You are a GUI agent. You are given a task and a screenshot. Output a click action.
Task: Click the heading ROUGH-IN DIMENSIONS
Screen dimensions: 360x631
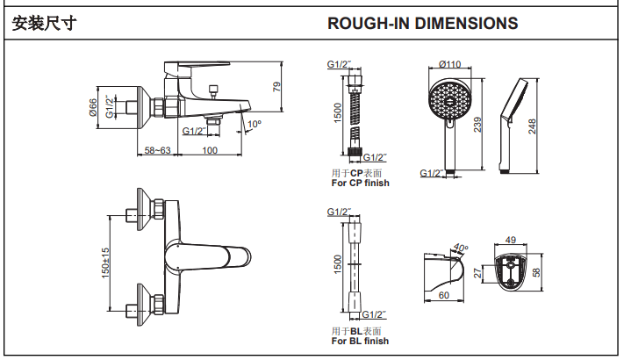pos(422,24)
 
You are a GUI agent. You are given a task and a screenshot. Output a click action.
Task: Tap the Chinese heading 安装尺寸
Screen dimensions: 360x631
pos(43,24)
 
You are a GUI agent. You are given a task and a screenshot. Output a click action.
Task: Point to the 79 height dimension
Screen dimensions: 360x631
pos(276,86)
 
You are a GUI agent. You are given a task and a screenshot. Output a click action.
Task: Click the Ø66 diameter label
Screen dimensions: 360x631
pos(93,108)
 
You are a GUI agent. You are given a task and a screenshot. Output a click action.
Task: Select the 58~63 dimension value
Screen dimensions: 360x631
pos(158,151)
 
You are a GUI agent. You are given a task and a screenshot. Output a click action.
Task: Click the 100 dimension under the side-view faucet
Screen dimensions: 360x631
pos(210,151)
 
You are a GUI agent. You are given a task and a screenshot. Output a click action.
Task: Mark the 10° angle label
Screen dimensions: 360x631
pos(255,125)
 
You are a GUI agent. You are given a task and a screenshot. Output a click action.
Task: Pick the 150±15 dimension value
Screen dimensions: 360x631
pos(106,263)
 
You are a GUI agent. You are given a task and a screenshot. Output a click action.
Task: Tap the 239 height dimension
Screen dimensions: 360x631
pos(477,125)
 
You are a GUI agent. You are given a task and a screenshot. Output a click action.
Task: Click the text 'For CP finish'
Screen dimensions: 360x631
pos(360,183)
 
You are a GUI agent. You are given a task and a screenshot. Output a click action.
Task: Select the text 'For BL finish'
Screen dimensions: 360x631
pos(360,341)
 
